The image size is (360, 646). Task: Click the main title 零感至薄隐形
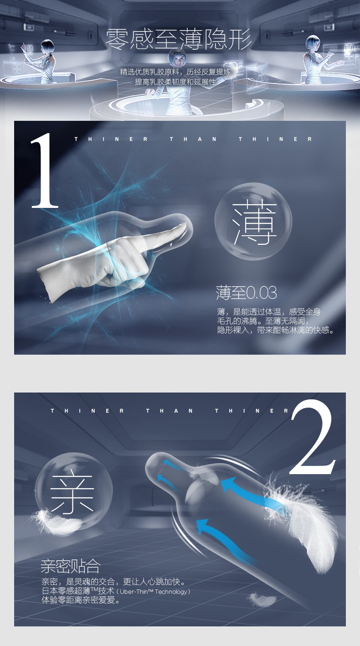[x=179, y=40]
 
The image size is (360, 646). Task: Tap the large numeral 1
[x=44, y=171]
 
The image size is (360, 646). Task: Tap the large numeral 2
[x=312, y=438]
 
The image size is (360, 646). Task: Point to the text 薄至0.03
[x=246, y=292]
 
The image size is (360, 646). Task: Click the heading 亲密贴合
[x=70, y=566]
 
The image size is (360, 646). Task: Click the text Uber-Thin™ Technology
[x=155, y=591]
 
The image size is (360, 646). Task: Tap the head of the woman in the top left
[x=47, y=47]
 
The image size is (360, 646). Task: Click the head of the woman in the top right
[x=313, y=43]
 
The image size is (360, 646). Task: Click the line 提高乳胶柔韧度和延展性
[x=175, y=82]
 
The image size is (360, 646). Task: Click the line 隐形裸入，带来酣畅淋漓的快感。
[x=276, y=330]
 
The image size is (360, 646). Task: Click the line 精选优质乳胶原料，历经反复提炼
[x=175, y=72]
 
